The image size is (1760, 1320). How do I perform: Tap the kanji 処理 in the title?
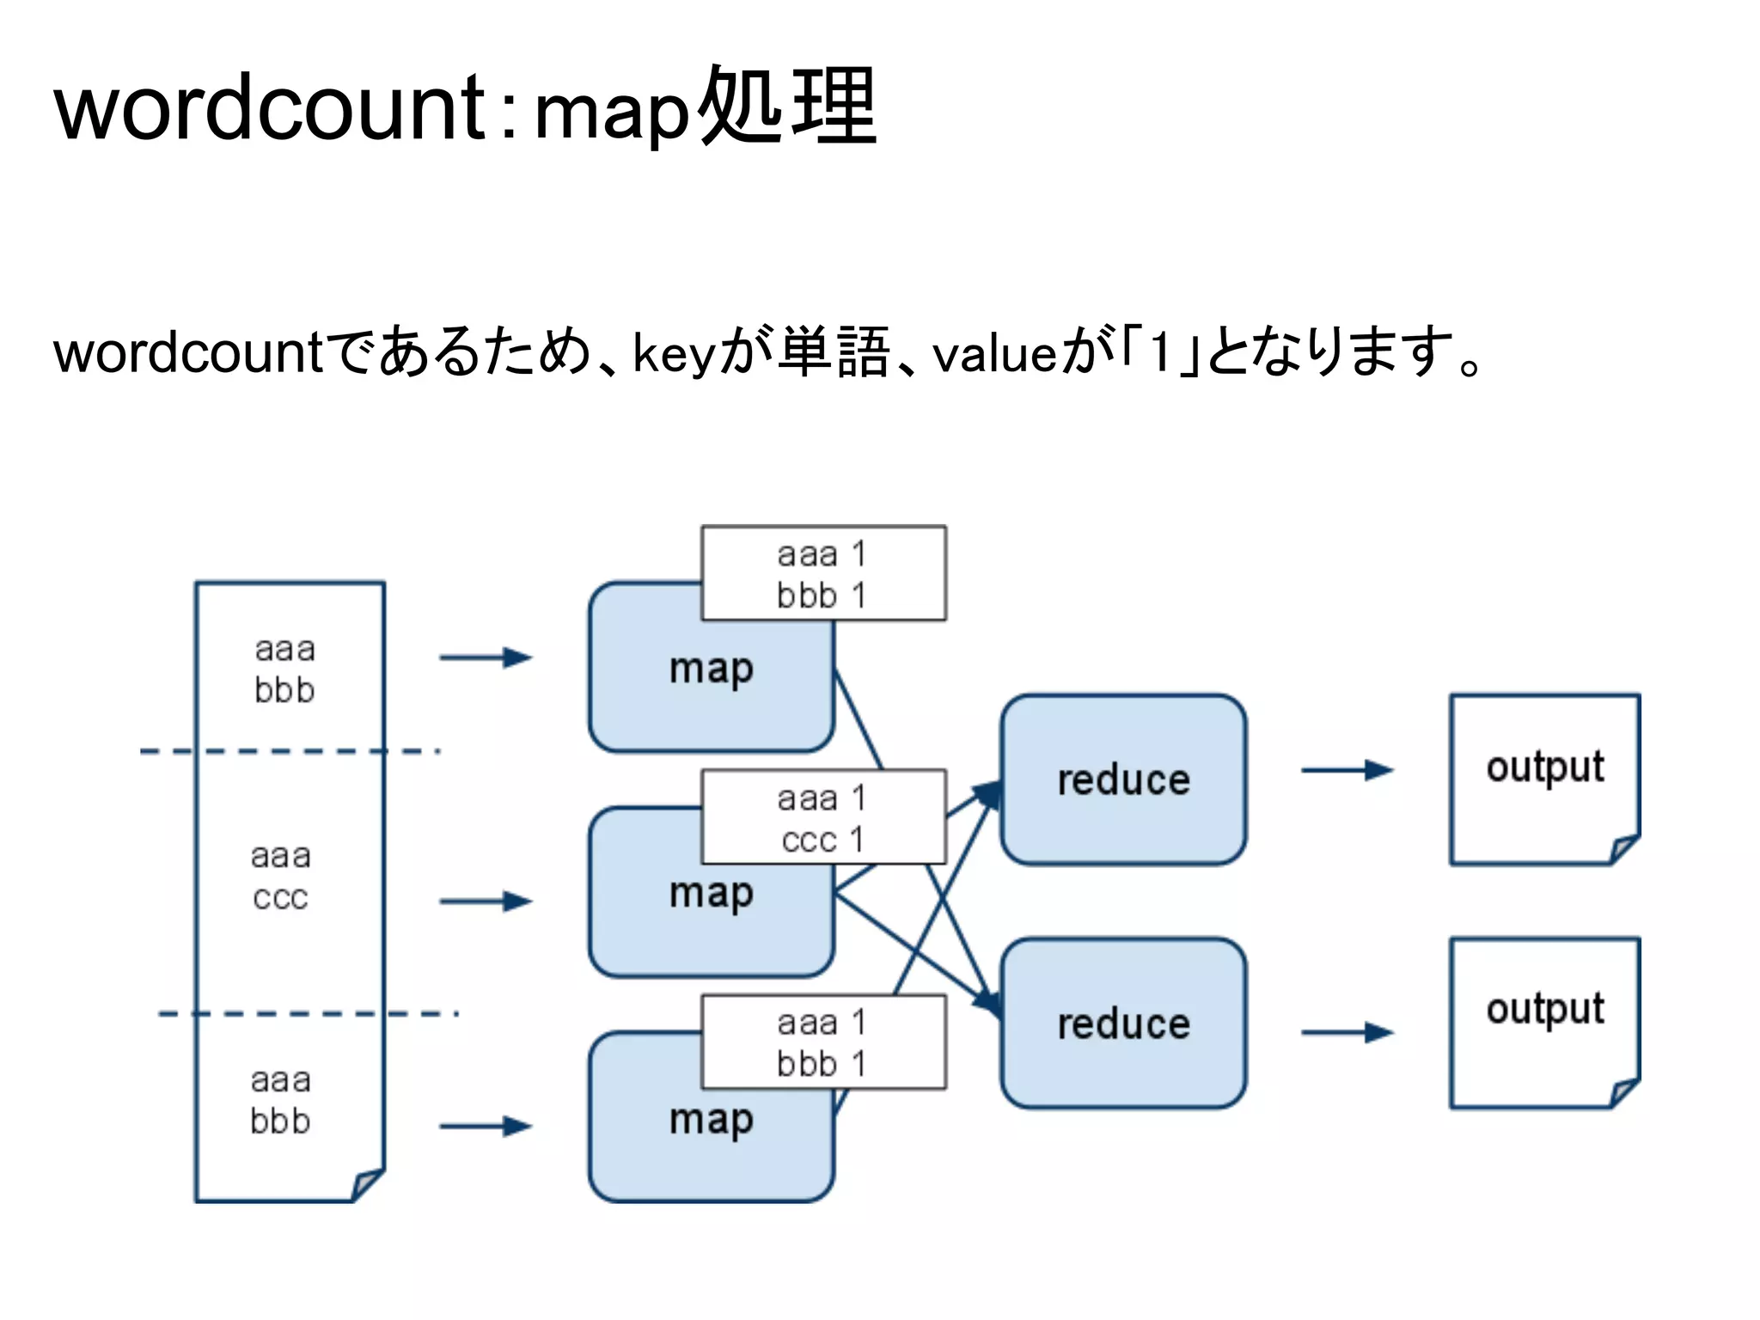786,107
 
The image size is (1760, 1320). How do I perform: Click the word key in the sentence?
674,353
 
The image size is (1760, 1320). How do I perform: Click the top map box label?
711,669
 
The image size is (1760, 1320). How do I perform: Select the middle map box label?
711,894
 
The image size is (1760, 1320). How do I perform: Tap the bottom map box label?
711,1119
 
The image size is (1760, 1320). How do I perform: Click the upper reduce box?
1123,780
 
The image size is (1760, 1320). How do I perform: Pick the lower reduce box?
1123,1024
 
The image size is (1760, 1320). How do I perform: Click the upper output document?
1544,778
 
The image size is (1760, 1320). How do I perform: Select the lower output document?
1544,1022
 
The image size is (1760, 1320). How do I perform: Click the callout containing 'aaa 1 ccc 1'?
823,817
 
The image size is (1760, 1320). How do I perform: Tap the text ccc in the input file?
280,897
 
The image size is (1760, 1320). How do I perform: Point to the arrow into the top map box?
486,657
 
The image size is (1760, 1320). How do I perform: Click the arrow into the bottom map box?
486,1126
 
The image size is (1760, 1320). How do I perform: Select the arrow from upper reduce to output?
1347,770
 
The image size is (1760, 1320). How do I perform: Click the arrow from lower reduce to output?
1347,1032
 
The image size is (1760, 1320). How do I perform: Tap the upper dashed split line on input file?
290,752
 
